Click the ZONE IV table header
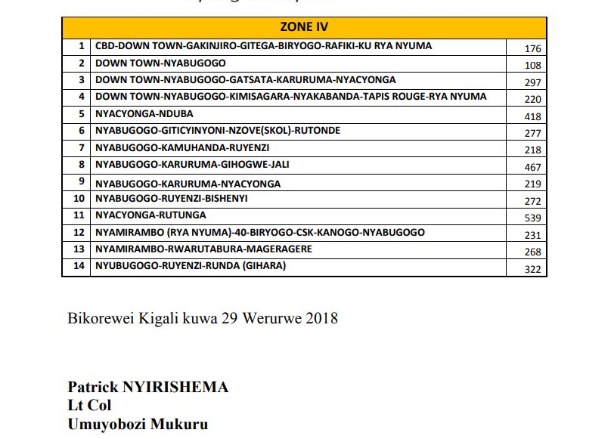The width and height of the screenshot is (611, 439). (304, 27)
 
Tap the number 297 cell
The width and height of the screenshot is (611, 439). (532, 82)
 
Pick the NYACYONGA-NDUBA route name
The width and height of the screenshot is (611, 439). (144, 114)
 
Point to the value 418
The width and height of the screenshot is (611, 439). (532, 116)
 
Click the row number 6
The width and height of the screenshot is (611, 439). (80, 131)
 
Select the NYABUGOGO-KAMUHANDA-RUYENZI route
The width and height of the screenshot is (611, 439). (182, 148)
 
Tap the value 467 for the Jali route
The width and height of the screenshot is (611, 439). (532, 167)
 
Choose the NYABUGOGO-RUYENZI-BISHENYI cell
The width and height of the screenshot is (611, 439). (171, 199)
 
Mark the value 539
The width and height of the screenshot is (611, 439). (532, 218)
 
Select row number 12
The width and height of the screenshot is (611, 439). (78, 233)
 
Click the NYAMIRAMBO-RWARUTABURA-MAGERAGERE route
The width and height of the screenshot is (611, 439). (203, 249)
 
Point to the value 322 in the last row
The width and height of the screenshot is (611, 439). (532, 270)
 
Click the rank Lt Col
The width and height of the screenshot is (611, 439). (89, 406)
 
